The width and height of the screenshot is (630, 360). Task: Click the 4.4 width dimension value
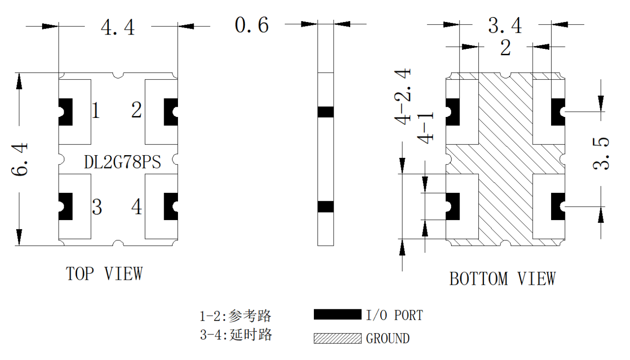pyautogui.click(x=118, y=27)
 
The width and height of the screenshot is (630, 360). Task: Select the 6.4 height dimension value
pyautogui.click(x=20, y=159)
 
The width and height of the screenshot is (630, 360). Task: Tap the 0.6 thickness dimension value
pyautogui.click(x=252, y=25)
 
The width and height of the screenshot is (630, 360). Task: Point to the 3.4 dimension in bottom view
pyautogui.click(x=505, y=25)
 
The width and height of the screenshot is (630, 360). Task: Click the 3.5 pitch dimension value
pyautogui.click(x=601, y=153)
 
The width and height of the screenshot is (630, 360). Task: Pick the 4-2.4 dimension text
pyautogui.click(x=403, y=96)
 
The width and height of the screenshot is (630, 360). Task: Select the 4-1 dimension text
pyautogui.click(x=425, y=128)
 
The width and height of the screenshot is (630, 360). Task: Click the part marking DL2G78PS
pyautogui.click(x=122, y=162)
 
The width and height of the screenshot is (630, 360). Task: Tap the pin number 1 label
pyautogui.click(x=96, y=110)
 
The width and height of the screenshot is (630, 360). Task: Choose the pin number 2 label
pyautogui.click(x=136, y=110)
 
